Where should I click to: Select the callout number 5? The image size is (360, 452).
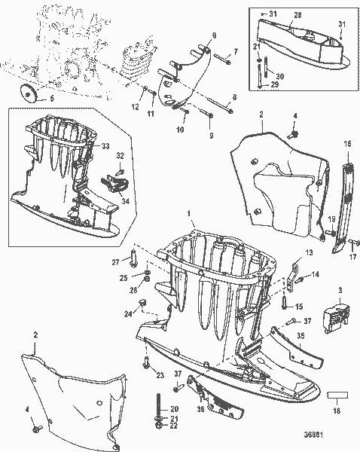(x=53, y=99)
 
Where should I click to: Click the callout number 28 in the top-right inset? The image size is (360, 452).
(x=297, y=14)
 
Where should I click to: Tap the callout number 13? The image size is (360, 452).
(x=308, y=255)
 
